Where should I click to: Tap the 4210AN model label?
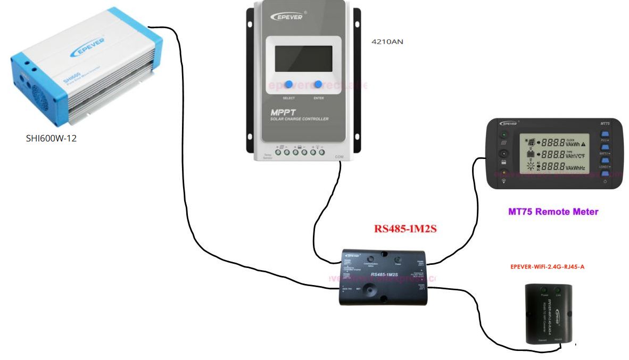387,41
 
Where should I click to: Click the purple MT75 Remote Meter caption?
553,212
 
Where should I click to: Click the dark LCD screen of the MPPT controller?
303,58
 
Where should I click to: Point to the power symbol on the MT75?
605,182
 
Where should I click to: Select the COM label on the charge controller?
340,157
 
